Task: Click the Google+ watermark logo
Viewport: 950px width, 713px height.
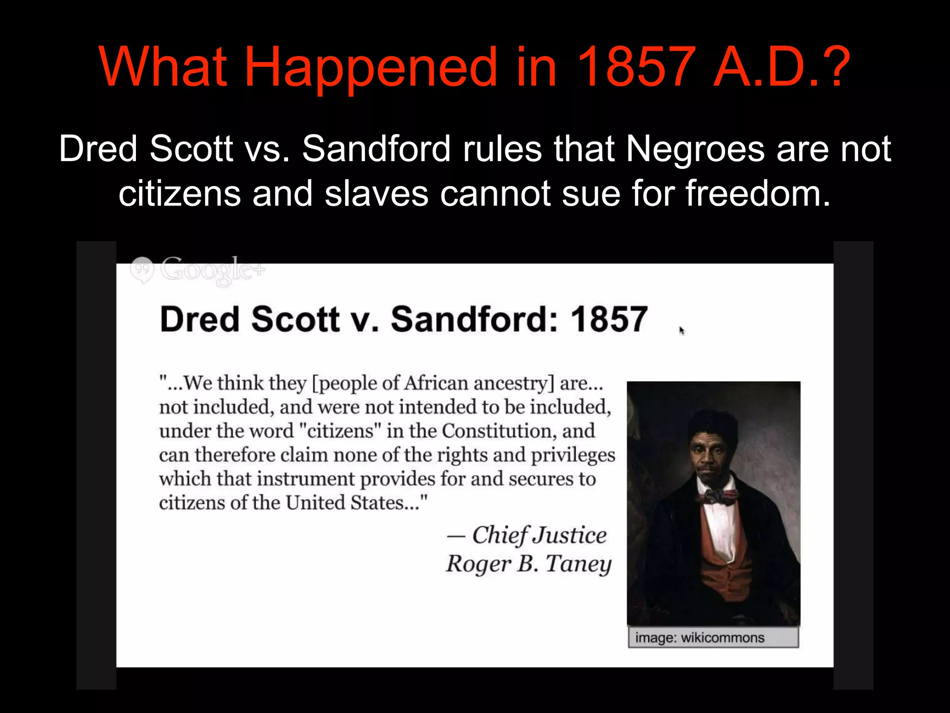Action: (x=198, y=270)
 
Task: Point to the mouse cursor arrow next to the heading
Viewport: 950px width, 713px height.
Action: (x=681, y=331)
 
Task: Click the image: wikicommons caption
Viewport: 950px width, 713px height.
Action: (x=699, y=638)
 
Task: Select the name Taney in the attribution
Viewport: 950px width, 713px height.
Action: (x=578, y=564)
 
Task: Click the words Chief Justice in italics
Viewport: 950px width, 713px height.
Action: (x=539, y=535)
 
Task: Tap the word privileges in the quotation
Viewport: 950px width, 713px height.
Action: (x=573, y=455)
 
